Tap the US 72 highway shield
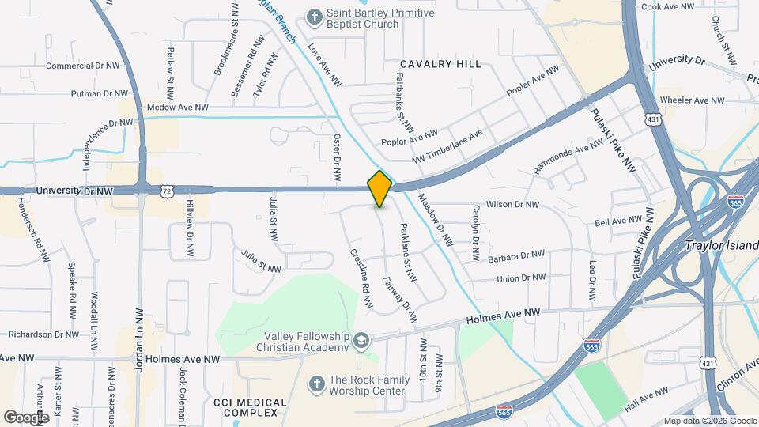[164, 191]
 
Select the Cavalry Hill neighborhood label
[440, 64]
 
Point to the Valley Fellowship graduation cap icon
[361, 341]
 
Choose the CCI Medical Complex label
[250, 407]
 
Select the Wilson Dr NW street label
[512, 205]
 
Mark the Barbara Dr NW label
[515, 255]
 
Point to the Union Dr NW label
[521, 278]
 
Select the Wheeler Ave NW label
[692, 100]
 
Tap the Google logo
[26, 417]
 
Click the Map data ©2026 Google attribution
[709, 421]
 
